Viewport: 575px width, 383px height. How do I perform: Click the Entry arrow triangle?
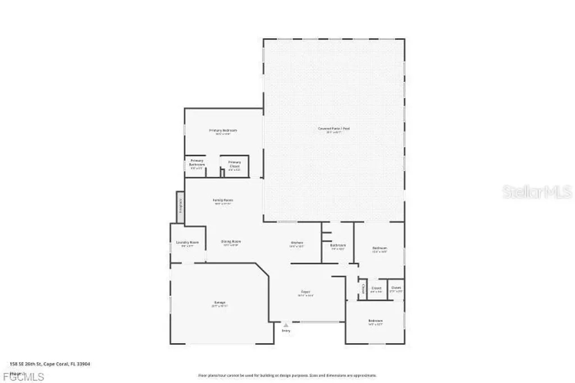point(286,325)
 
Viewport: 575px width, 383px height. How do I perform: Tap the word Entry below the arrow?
point(286,331)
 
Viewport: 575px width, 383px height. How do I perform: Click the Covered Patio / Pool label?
point(334,129)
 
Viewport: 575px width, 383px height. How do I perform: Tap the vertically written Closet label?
point(363,289)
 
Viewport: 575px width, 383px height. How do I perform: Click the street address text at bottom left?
point(51,363)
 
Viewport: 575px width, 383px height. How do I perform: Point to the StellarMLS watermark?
point(537,192)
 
